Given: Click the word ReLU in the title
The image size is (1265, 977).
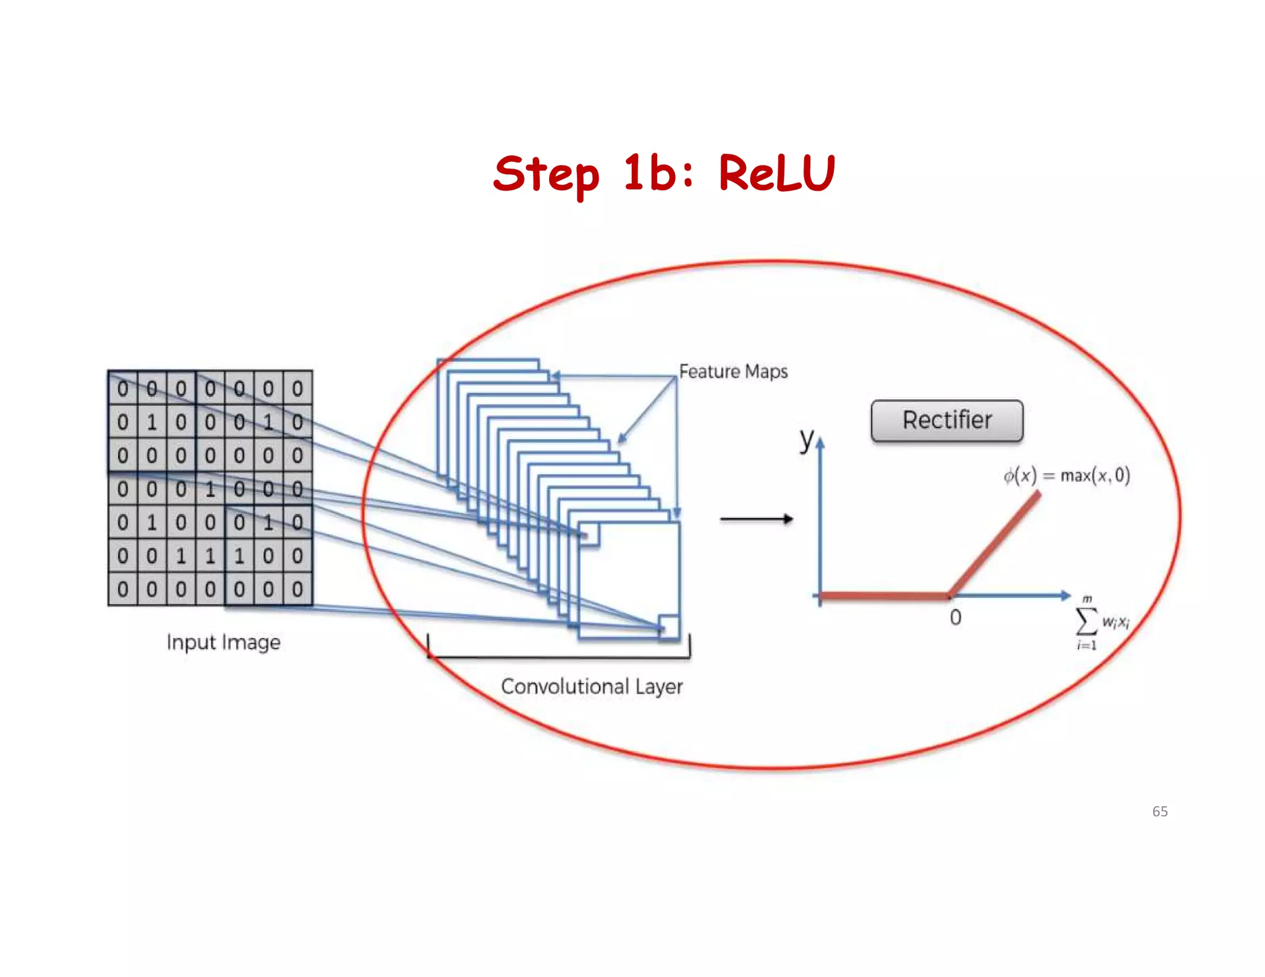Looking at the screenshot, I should coord(776,173).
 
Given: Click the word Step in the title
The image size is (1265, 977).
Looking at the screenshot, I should coord(546,175).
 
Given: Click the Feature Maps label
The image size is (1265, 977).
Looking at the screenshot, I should coord(733,371).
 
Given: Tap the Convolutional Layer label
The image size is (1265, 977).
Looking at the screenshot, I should coord(591,687).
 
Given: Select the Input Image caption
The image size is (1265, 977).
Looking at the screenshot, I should coord(223,642).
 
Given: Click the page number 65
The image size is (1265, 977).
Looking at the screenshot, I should coord(1159,811).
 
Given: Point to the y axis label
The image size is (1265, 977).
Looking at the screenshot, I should coord(806,439).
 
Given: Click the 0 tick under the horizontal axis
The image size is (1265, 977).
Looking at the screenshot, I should coord(955,618).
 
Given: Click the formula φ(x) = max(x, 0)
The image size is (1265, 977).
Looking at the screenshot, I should coord(1067,476).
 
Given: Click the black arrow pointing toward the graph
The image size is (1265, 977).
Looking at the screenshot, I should coord(756,519).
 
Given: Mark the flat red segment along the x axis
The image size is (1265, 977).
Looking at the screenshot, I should coord(883,595).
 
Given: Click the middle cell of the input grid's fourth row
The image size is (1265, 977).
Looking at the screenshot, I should coord(210,489).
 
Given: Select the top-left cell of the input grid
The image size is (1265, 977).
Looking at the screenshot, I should coord(122,388).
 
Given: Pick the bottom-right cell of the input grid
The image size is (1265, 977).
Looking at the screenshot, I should coord(297,589).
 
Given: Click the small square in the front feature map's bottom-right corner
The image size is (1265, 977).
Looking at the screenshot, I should coord(668,626).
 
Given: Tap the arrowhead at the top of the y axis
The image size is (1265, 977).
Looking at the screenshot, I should coord(820,442).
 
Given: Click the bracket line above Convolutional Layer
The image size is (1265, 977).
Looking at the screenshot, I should coord(559,657).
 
